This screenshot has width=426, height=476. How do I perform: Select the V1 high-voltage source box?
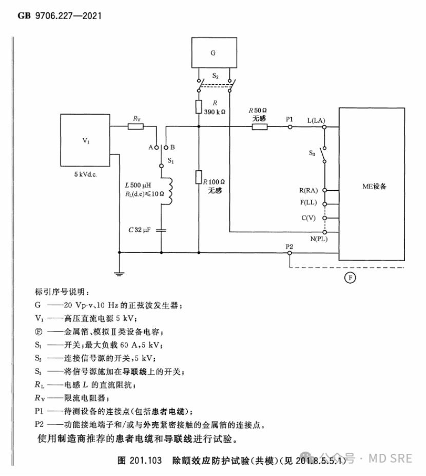point(85,140)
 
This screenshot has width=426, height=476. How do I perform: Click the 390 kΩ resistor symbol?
point(199,107)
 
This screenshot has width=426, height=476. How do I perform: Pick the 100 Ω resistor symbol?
point(199,177)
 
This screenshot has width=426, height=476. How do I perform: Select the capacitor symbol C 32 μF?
point(162,229)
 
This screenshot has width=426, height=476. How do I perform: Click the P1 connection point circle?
point(290,125)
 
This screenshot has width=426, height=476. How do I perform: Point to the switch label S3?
point(312,153)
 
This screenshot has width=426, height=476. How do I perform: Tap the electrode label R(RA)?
point(309,190)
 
